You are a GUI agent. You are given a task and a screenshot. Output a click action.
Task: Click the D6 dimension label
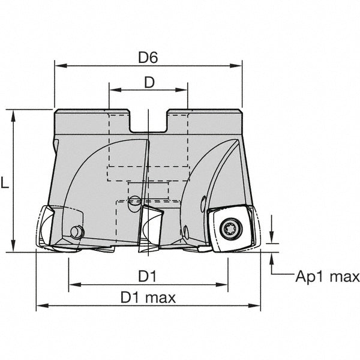[x=148, y=58]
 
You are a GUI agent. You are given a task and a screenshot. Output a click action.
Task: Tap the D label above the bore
[x=149, y=82]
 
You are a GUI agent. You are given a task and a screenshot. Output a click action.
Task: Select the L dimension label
[x=5, y=182]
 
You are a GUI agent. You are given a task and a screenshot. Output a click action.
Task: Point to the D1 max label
[x=148, y=298]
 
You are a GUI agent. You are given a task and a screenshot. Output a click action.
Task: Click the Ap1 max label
[x=328, y=277]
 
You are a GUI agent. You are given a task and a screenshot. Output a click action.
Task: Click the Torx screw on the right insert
[x=231, y=229]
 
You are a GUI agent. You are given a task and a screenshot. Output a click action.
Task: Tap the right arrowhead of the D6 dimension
[x=236, y=66]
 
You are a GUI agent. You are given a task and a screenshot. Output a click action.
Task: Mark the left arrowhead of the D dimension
[x=115, y=90]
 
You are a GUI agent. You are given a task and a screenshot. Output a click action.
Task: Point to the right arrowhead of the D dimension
[x=182, y=90]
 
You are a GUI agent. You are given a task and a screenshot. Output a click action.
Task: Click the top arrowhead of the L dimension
[x=14, y=116]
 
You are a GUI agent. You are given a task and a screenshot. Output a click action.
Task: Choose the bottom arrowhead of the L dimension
[x=14, y=246]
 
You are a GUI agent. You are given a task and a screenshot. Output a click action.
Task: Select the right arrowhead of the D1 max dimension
[x=254, y=305]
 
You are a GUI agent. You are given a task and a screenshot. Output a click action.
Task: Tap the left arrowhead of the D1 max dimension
[x=43, y=305]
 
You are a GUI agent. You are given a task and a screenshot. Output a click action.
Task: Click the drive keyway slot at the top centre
[x=148, y=122]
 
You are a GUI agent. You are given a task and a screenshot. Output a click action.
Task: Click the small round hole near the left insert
[x=77, y=232]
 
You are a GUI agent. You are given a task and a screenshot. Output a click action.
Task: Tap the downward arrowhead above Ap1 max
[x=272, y=238]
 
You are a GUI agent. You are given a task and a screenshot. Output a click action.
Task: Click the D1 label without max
[x=147, y=276]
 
